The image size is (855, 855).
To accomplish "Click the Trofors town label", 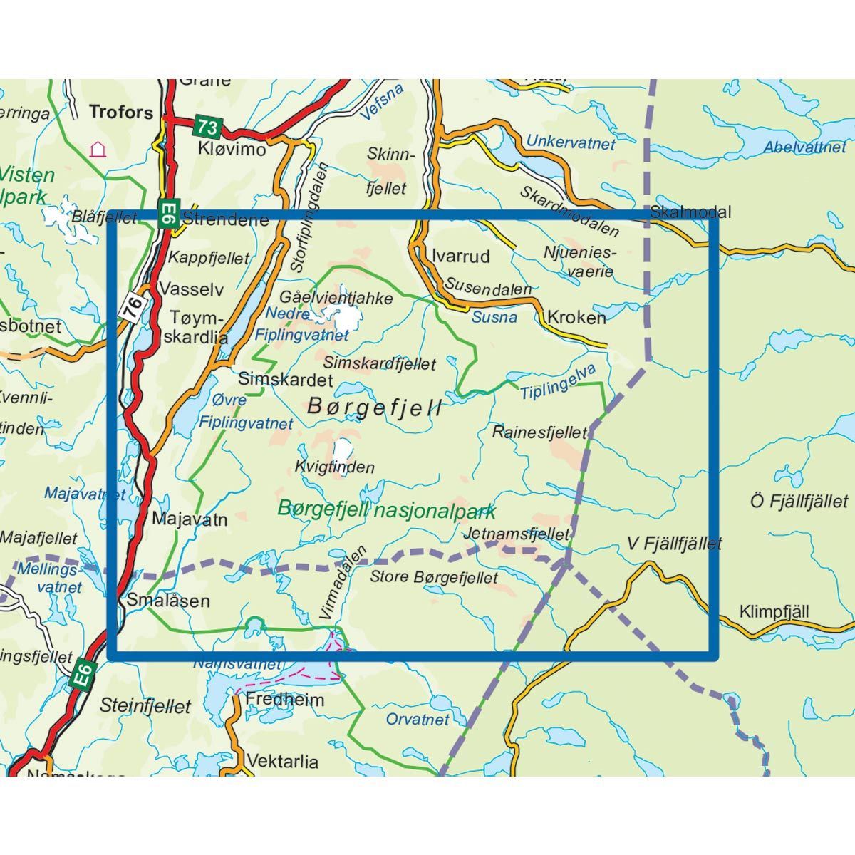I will click(121, 112).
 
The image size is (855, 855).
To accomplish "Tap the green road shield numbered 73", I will click(207, 128).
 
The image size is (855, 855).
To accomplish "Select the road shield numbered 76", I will click(136, 308).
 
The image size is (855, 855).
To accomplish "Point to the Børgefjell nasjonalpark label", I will click(386, 509).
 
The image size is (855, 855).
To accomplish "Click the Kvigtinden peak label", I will click(334, 467).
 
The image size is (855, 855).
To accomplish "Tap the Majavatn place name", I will click(190, 519).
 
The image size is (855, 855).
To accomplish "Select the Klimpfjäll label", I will click(774, 612).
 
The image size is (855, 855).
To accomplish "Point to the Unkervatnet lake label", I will click(571, 142).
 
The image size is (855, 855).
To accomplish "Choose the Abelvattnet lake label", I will click(805, 147).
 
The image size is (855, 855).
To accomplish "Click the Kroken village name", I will click(576, 317).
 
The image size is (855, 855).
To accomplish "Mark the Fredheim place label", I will click(284, 700).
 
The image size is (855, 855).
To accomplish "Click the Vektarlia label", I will click(283, 762).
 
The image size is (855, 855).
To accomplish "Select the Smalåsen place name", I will click(168, 601).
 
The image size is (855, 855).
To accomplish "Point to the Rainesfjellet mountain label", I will click(539, 432).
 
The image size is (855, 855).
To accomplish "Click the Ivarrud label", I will click(461, 256).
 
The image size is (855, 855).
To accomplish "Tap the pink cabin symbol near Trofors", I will click(97, 150).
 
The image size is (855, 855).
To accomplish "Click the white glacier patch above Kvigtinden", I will click(343, 450).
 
